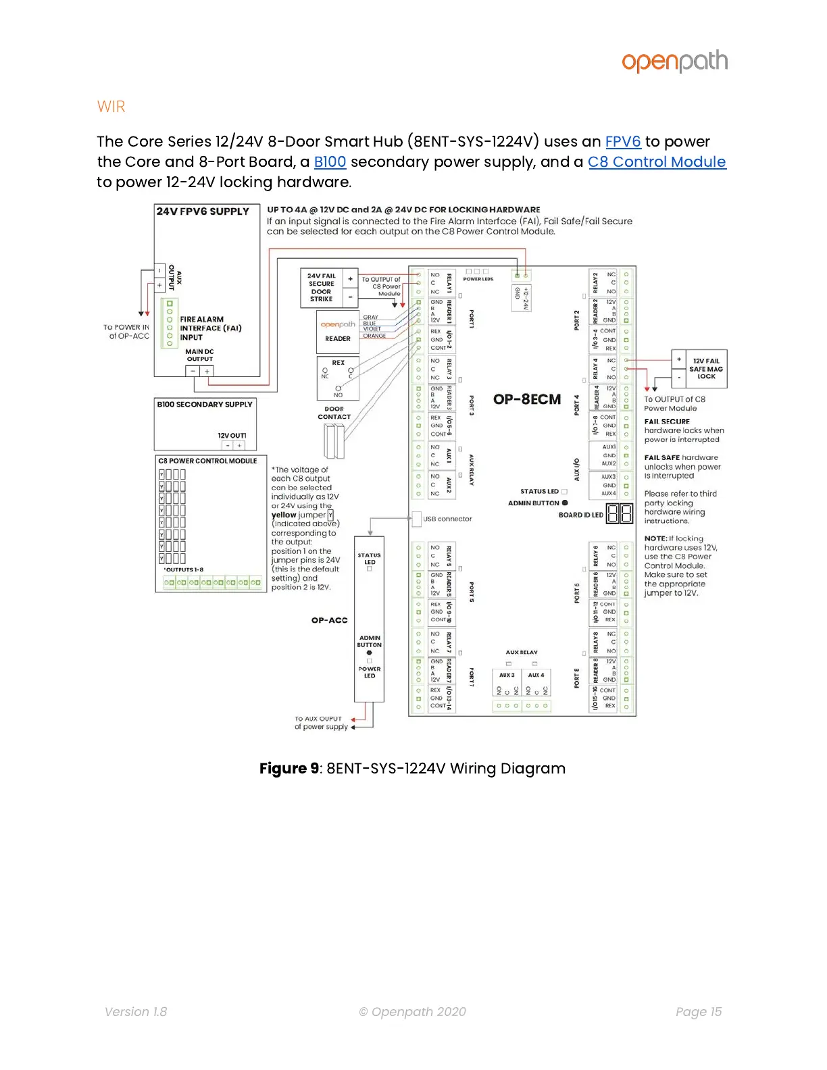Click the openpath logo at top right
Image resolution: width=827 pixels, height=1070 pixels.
[x=674, y=61]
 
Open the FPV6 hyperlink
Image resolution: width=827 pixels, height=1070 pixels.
[x=622, y=142]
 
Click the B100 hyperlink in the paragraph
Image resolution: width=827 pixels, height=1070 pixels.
[x=330, y=162]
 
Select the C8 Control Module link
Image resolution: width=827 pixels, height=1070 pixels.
[x=656, y=162]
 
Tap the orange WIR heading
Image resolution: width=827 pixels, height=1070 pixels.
[x=111, y=107]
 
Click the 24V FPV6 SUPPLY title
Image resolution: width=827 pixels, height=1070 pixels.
[x=203, y=211]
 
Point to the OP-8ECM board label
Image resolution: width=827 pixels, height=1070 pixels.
[x=527, y=399]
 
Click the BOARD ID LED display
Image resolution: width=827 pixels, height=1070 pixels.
[x=619, y=514]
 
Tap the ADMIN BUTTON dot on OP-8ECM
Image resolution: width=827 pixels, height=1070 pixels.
[x=565, y=503]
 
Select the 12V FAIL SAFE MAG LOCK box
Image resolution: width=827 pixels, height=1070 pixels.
[x=706, y=369]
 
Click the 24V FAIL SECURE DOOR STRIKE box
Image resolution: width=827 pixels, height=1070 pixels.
[x=322, y=288]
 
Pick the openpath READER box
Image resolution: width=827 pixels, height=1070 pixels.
[x=338, y=332]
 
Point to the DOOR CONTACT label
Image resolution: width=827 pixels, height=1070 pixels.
[x=334, y=413]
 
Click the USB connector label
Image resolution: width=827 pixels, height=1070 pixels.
[x=447, y=519]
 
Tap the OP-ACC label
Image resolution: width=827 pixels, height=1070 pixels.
[x=329, y=620]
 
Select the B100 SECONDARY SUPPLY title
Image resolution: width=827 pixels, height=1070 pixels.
[x=205, y=404]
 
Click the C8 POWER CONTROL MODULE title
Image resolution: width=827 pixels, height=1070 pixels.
[x=207, y=461]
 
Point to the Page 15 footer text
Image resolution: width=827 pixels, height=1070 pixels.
[x=698, y=1011]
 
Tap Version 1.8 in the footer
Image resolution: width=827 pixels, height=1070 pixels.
[x=136, y=1011]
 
